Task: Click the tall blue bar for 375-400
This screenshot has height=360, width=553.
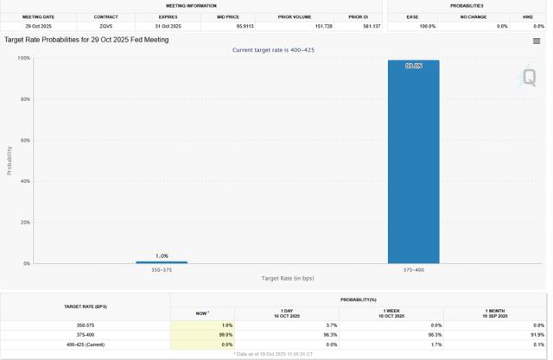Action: [x=413, y=164]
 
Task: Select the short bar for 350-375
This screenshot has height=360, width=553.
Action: [x=161, y=262]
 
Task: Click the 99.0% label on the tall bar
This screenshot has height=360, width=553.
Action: [x=414, y=66]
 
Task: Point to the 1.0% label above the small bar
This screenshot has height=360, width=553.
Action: [x=162, y=256]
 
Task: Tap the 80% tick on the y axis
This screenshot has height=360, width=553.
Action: [x=24, y=99]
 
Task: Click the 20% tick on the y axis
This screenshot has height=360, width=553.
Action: [x=24, y=223]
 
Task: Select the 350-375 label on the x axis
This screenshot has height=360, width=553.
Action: [x=162, y=270]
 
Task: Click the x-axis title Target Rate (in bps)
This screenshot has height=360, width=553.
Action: [x=288, y=278]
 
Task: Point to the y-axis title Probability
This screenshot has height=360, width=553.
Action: [x=10, y=161]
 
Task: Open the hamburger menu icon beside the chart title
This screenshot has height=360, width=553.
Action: [x=537, y=41]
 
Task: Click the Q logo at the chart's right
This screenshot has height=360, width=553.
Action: [x=528, y=78]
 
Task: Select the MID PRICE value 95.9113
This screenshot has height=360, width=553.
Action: [x=227, y=26]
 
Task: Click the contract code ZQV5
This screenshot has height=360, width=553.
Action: [x=106, y=26]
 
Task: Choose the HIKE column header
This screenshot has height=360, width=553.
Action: [x=527, y=16]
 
